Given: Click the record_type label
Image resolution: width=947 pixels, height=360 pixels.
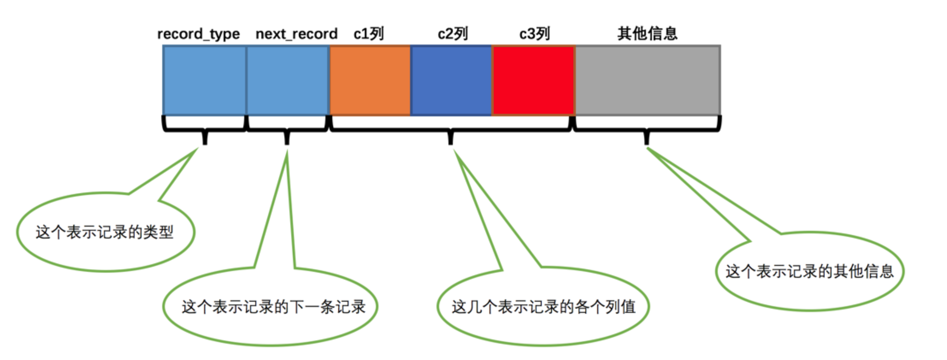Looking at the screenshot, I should pos(199,34).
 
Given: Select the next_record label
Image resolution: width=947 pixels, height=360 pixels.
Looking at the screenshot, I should pos(296,34).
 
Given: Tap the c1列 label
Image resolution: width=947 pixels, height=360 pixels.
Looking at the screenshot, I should pos(368,34).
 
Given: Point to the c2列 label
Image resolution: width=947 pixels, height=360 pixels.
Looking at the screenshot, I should pos(453,34).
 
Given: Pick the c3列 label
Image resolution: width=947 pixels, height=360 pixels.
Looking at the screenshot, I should pos(534,34).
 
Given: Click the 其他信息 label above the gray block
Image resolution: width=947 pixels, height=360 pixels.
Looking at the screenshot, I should pos(648,33).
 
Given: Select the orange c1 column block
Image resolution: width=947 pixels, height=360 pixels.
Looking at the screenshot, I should pos(370,80).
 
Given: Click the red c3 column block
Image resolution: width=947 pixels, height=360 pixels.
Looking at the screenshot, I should pos(533,80).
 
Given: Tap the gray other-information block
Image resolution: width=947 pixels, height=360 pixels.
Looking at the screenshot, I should pos(648,80).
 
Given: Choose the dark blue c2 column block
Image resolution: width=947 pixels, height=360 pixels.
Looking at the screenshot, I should pos(451,80).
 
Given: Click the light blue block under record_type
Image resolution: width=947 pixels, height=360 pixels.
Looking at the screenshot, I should pos(204,80).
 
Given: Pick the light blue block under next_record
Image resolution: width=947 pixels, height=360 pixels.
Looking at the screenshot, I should pos(288,80).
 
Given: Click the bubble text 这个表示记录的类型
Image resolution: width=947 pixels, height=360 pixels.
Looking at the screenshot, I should pos(105,232).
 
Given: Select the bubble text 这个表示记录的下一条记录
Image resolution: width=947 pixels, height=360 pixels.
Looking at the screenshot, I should pos(273,307).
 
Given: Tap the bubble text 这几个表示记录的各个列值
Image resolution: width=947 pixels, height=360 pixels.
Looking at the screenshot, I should pos(543,307).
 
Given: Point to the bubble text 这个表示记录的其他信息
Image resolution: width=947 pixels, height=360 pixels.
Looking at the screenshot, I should pos(810,271).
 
